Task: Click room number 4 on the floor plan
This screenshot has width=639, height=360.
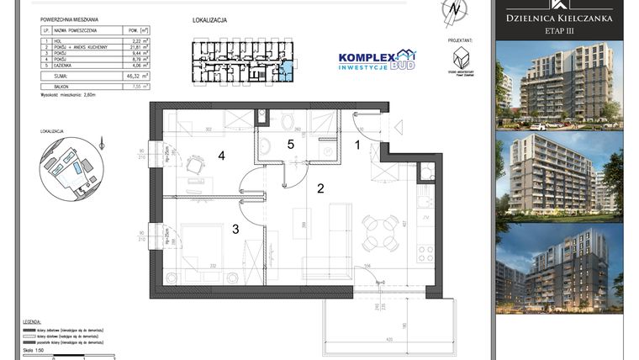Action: (222, 156)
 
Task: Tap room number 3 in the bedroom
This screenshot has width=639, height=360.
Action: (236, 229)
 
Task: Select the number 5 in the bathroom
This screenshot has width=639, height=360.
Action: (291, 145)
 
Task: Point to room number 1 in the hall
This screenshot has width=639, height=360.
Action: (356, 145)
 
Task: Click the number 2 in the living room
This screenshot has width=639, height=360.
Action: (319, 189)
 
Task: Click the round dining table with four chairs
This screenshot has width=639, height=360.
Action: (380, 231)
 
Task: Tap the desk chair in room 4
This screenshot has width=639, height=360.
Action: (195, 167)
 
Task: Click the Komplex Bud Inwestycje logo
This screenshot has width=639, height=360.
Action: (376, 60)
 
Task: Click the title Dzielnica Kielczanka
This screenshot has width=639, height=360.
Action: (558, 17)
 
